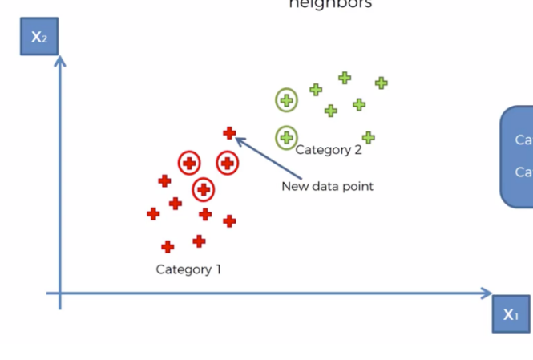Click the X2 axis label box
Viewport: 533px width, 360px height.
point(38,37)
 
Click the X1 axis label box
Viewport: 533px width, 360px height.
point(511,314)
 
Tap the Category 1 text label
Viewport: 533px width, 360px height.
point(188,269)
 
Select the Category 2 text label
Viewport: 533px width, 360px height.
point(329,150)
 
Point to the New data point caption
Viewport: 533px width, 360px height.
point(327,186)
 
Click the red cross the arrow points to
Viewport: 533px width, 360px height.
point(229,133)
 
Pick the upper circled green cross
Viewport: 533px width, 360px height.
point(286,101)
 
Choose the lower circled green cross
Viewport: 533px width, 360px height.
point(286,138)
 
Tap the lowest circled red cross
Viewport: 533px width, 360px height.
point(204,190)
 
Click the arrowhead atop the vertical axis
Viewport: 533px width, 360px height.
point(59,59)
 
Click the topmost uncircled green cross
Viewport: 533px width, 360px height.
point(345,78)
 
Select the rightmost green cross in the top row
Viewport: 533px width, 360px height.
point(381,83)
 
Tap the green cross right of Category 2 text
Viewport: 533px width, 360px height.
point(368,138)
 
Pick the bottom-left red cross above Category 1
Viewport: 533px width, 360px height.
point(168,247)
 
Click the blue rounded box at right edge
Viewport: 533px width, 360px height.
point(518,157)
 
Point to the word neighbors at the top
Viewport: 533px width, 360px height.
point(329,4)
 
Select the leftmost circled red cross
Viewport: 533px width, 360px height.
point(189,164)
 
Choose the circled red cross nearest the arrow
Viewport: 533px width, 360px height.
point(228,164)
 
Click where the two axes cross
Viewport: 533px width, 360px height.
point(59,294)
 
